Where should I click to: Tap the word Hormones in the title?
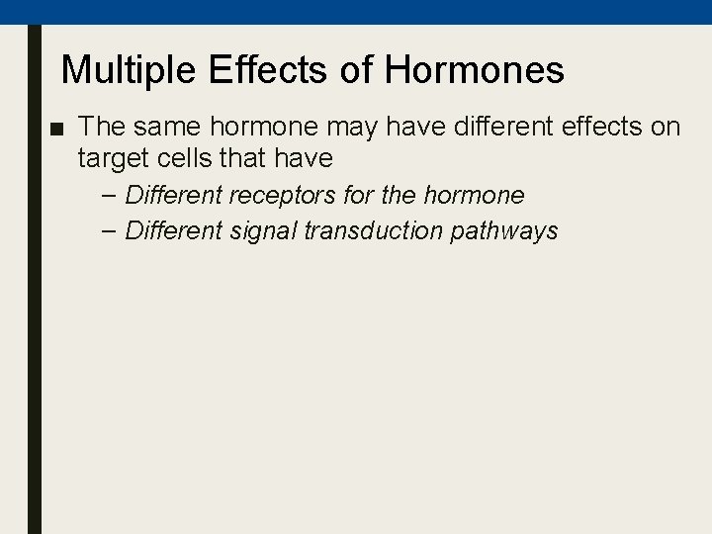475,70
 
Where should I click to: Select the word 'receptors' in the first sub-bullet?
276,194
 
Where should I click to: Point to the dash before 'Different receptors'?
109,194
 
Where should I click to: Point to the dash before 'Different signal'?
109,231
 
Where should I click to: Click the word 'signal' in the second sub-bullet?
261,231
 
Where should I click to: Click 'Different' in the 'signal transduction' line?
172,231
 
